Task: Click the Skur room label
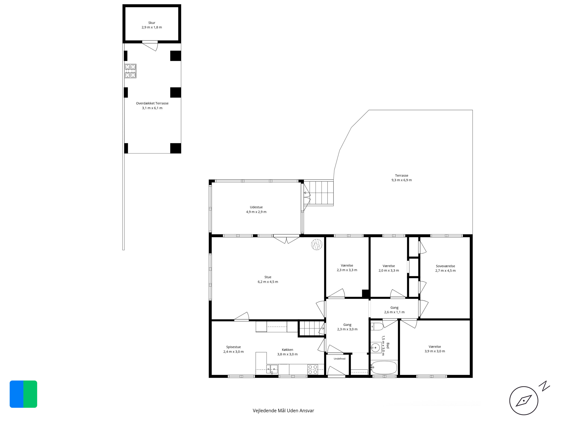[x=152, y=23]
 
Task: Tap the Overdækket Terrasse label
[x=152, y=103]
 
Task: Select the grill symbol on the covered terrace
[x=130, y=71]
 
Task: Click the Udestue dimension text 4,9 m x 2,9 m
[x=256, y=212]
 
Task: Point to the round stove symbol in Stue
[x=317, y=244]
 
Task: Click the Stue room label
[x=268, y=277]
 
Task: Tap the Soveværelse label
[x=445, y=266]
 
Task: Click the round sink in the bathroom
[x=376, y=348]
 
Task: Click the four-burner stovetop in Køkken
[x=313, y=369]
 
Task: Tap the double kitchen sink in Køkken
[x=272, y=369]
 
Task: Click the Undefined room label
[x=340, y=359]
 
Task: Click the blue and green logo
[x=23, y=394]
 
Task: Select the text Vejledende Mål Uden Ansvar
[x=283, y=411]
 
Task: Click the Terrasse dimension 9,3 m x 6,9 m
[x=402, y=180]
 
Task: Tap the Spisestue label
[x=234, y=347]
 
